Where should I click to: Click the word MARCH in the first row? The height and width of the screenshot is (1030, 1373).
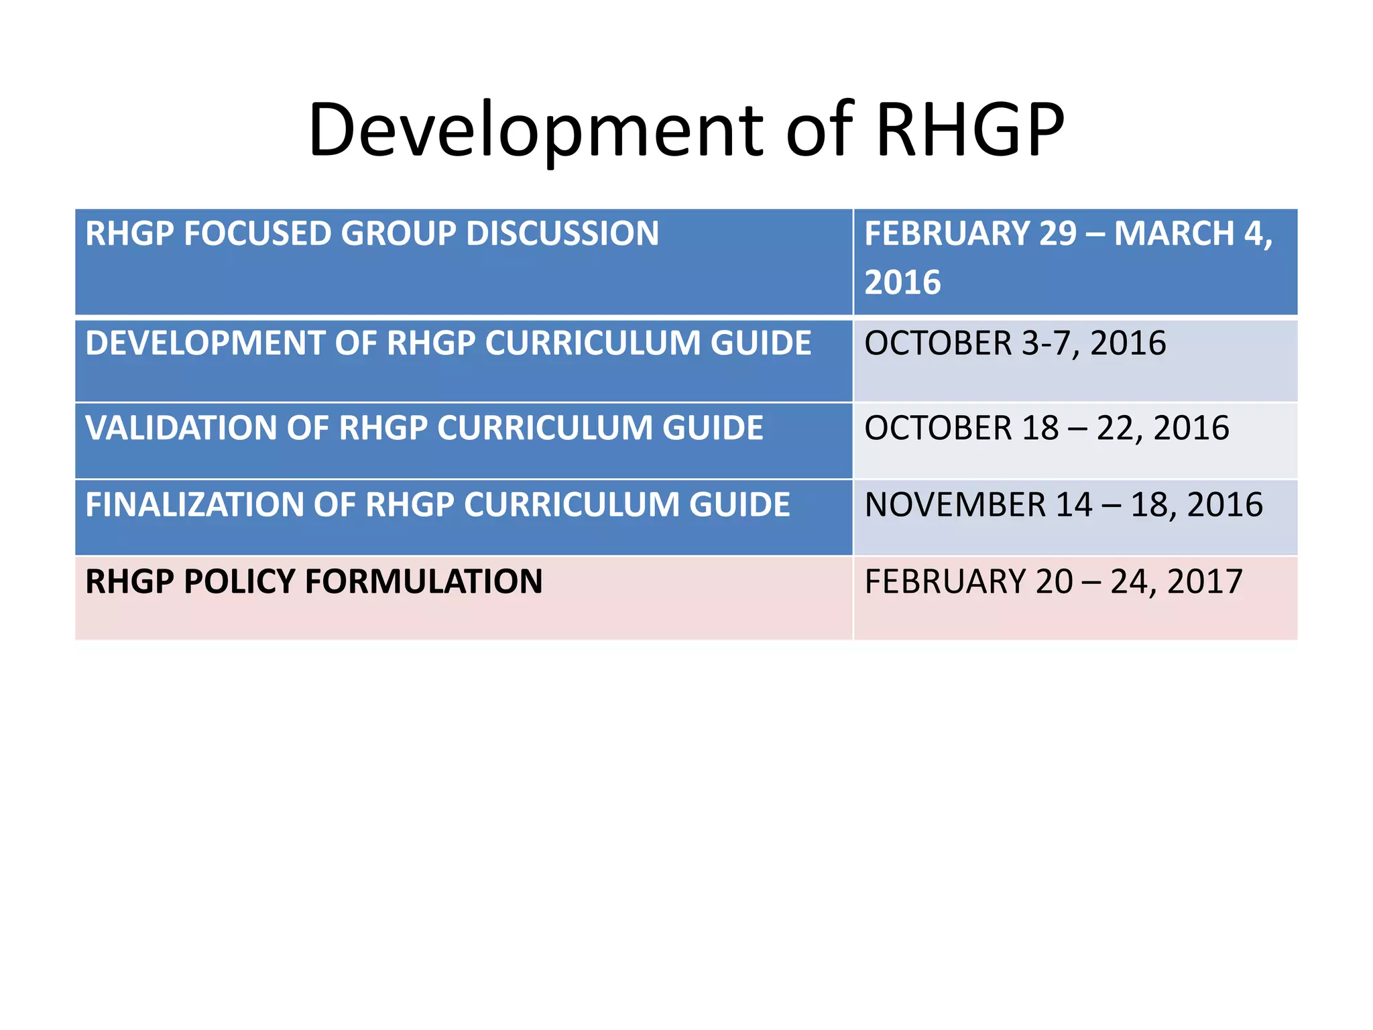[1173, 234]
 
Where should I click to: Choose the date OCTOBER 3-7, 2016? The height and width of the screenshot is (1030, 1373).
[1015, 343]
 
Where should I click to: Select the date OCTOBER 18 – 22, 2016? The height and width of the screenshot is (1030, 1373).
[1047, 428]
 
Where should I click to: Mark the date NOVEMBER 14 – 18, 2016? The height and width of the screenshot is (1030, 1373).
[1063, 505]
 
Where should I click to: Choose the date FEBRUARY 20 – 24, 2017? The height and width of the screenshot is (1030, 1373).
[1053, 581]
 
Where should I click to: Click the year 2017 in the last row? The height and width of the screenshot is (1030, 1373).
[1205, 581]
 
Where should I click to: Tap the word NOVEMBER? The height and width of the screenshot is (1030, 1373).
[955, 505]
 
